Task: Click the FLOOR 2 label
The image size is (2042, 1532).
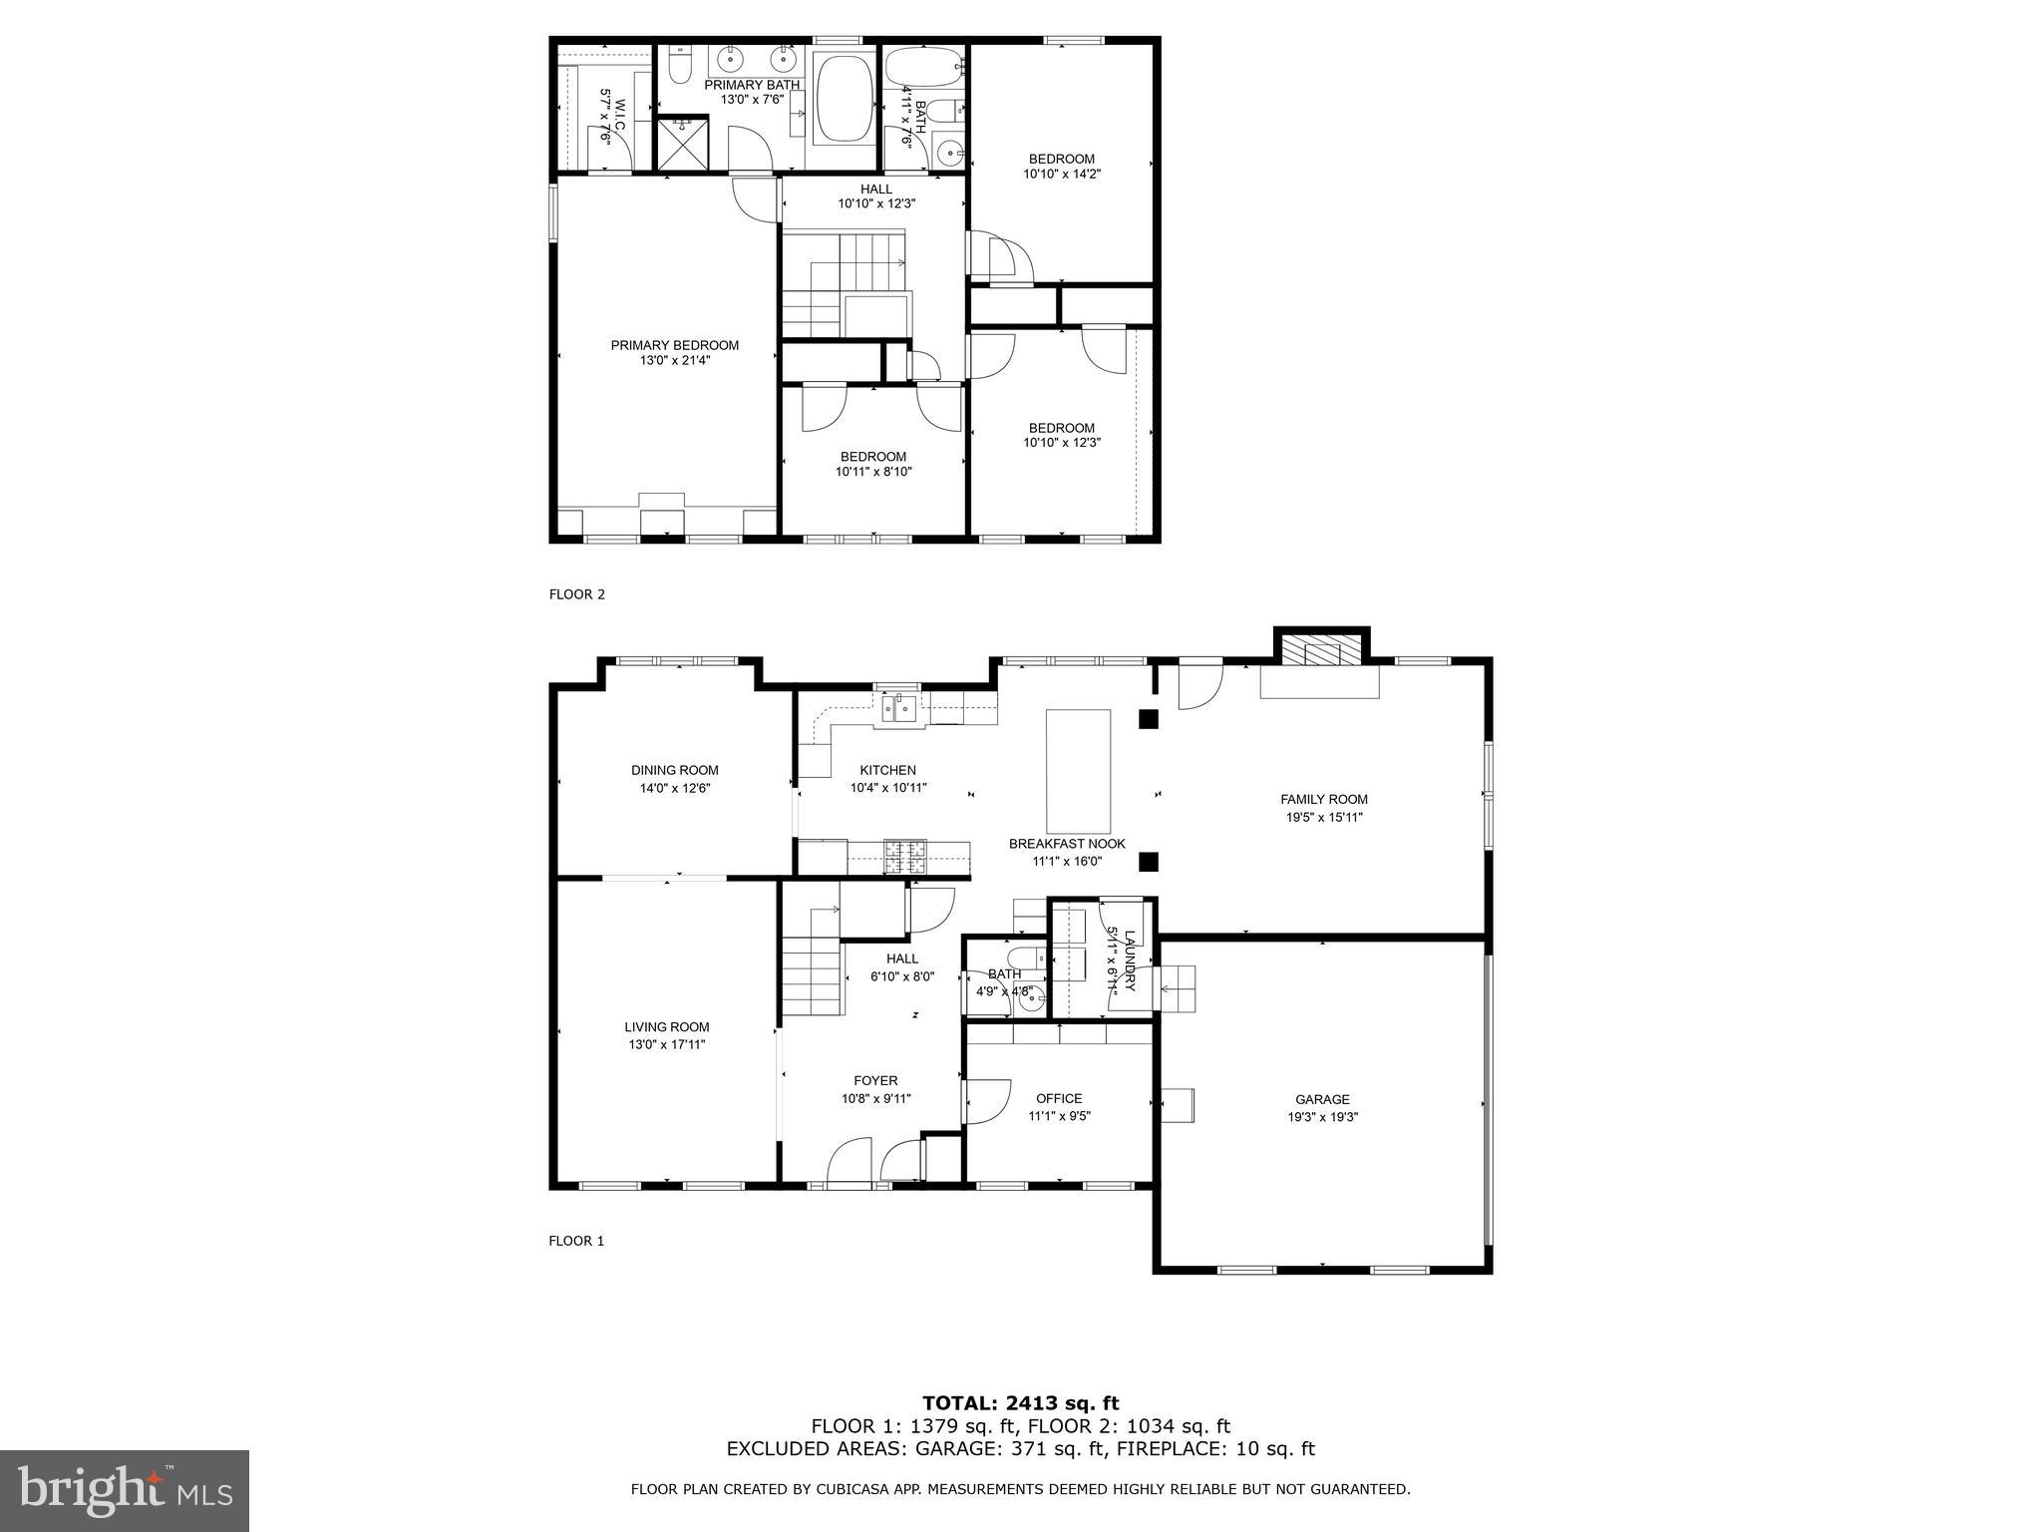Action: [576, 594]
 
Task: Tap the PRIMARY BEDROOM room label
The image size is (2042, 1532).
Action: [675, 345]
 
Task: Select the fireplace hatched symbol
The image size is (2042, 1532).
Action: [1322, 651]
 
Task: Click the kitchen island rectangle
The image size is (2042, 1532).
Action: [1078, 763]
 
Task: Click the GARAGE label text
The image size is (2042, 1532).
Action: [1322, 1099]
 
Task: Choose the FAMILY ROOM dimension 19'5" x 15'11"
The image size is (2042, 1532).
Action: [1323, 817]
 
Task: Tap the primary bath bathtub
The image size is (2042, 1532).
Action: [844, 99]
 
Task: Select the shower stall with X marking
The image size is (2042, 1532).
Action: [682, 144]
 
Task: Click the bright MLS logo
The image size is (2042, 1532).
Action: [125, 1491]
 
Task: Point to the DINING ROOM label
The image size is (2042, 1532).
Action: [674, 770]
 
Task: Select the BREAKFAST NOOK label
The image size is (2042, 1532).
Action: [1067, 843]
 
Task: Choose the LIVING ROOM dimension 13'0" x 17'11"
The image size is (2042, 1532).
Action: [667, 1044]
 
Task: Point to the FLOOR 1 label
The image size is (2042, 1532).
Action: [576, 1241]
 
